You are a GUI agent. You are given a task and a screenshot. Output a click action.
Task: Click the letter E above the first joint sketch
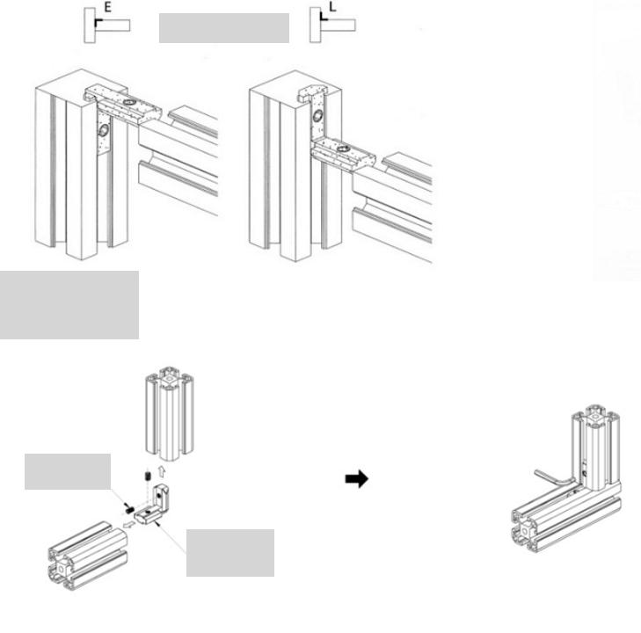[x=107, y=7]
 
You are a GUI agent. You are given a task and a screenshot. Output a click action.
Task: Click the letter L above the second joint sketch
[x=332, y=6]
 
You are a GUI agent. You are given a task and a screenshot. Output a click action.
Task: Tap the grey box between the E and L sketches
[x=224, y=28]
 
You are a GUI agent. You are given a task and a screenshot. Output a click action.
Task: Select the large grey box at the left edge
[x=69, y=305]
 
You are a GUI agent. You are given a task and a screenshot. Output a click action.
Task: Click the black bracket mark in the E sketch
[x=98, y=21]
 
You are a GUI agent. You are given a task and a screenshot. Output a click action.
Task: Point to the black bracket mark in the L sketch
[x=323, y=18]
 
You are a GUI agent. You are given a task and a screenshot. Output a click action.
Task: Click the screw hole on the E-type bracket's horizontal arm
[x=129, y=101]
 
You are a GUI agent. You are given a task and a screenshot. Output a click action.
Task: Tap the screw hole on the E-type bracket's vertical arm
[x=104, y=130]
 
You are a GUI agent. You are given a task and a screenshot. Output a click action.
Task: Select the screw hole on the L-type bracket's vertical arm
[x=317, y=116]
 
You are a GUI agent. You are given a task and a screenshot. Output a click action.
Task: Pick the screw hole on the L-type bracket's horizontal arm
[x=344, y=149]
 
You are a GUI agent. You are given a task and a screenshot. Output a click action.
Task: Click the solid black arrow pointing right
[x=356, y=478]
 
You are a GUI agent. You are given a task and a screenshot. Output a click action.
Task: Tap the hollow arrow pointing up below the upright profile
[x=162, y=470]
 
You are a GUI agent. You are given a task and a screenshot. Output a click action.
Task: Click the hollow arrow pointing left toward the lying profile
[x=128, y=524]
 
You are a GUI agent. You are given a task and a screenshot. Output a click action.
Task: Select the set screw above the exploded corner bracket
[x=148, y=477]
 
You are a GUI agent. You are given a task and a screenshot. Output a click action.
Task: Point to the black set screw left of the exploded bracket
[x=128, y=510]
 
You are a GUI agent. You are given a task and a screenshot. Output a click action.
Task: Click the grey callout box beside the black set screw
[x=68, y=471]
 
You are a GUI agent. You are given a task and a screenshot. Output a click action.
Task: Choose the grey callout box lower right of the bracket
[x=230, y=553]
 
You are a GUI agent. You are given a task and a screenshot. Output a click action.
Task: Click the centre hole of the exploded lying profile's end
[x=61, y=568]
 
